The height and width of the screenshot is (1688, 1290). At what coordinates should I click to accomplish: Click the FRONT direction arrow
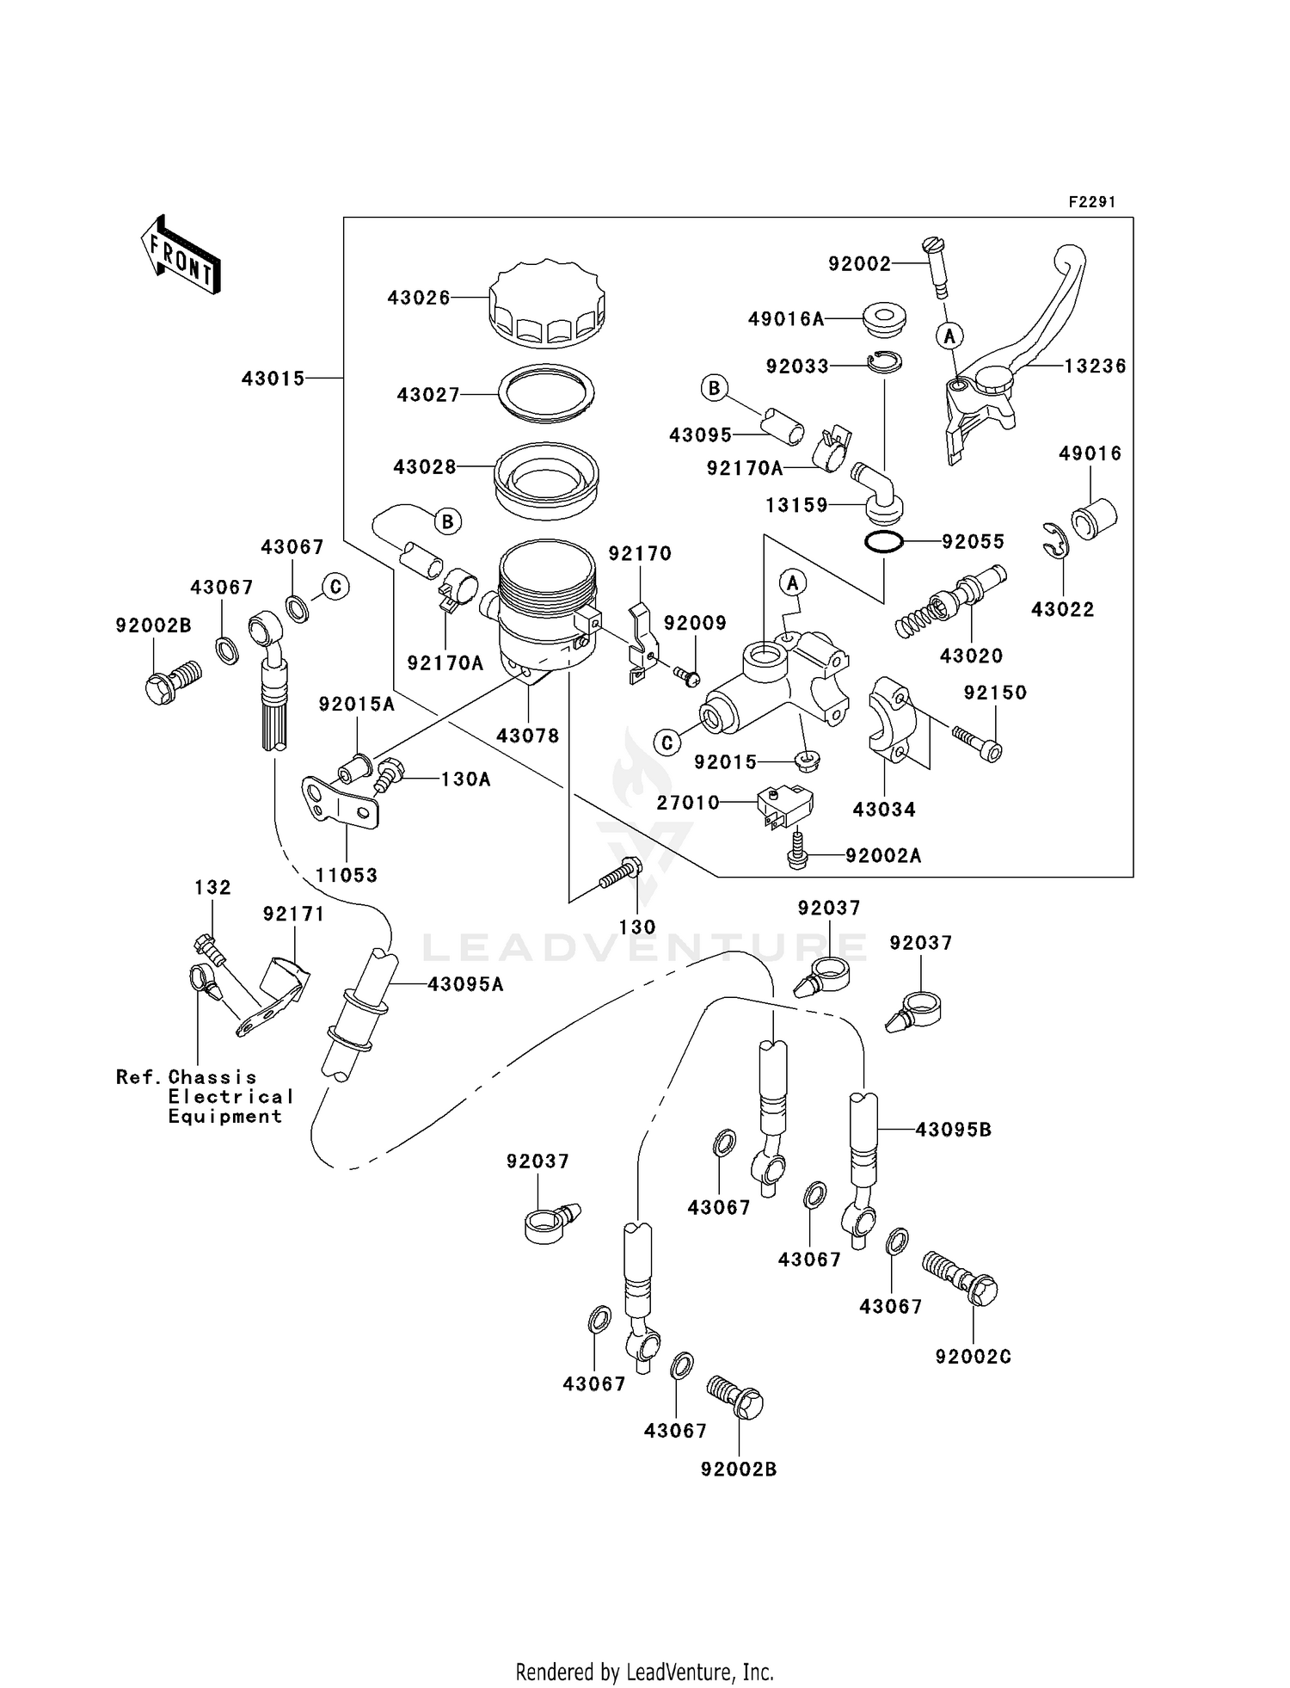coord(181,256)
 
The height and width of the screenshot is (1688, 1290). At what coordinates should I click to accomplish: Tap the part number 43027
coord(428,395)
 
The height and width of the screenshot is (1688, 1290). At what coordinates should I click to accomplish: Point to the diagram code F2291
coord(1091,202)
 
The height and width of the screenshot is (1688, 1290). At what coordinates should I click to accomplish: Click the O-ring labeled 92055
coord(883,542)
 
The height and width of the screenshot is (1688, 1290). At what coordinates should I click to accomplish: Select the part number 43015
coord(273,379)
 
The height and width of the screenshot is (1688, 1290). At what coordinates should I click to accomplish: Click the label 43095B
coord(953,1130)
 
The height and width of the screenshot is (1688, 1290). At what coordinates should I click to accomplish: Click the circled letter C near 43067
coord(335,587)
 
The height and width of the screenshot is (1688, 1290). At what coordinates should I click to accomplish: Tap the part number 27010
coord(688,803)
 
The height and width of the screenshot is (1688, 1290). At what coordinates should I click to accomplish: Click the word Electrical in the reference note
coord(230,1097)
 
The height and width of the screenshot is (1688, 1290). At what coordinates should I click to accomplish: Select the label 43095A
coord(465,984)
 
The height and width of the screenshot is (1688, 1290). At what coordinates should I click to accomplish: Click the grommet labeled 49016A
coord(883,318)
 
